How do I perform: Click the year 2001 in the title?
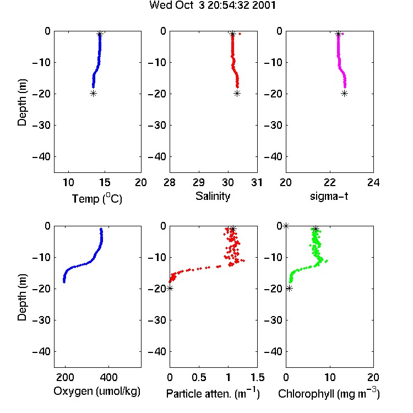tap(264, 5)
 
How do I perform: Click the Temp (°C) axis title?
tap(97, 198)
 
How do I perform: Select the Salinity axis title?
tap(213, 196)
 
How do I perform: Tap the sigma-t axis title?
tap(329, 196)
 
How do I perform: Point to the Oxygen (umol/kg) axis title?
tap(97, 392)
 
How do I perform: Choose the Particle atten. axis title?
tap(213, 393)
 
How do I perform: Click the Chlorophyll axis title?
tap(329, 393)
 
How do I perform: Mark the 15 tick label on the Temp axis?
tap(105, 182)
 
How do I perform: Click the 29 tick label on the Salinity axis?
tap(199, 182)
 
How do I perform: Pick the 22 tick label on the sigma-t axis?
tap(329, 182)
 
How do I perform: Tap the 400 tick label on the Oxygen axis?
tap(109, 377)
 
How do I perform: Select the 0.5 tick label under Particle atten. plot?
tap(199, 377)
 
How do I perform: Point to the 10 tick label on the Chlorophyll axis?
tap(330, 377)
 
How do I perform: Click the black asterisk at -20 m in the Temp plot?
tap(93, 93)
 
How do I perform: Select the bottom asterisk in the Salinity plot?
tap(237, 93)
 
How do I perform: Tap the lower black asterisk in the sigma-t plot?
tap(345, 93)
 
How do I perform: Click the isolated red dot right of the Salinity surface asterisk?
tap(240, 34)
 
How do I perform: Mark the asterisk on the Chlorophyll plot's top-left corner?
tap(286, 226)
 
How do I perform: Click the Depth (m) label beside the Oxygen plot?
tap(22, 297)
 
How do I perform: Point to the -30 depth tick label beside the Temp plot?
tap(41, 126)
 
